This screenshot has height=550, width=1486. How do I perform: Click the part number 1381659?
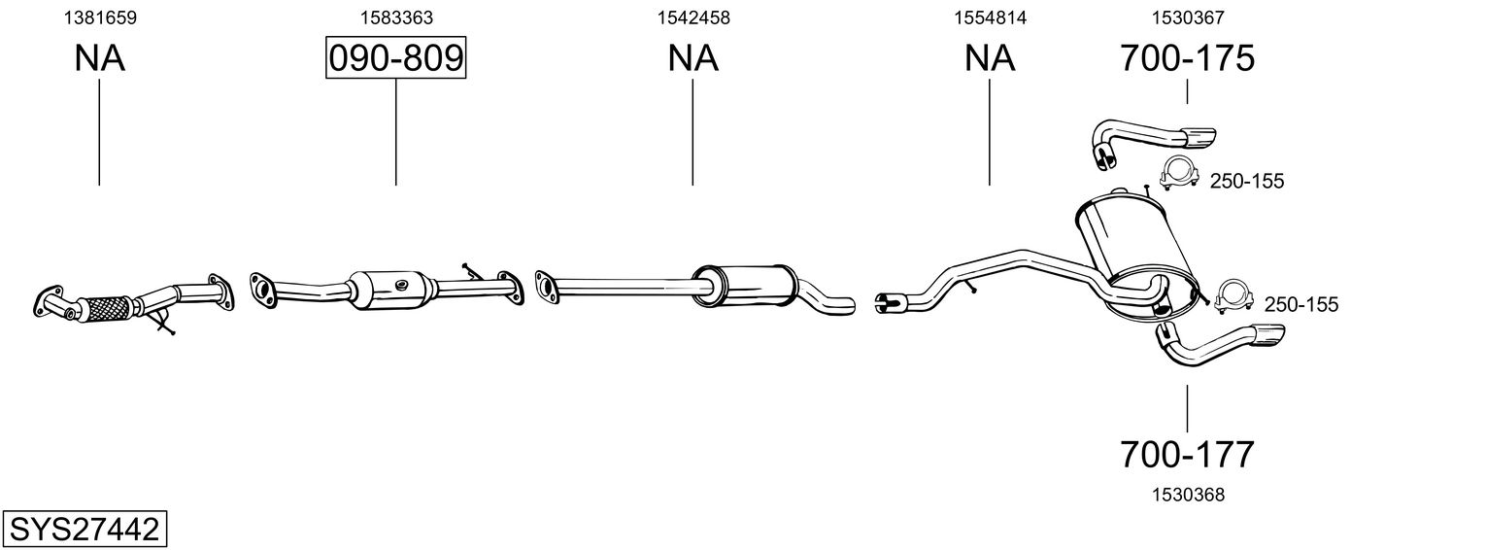99,17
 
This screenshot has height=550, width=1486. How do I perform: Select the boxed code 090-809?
395,58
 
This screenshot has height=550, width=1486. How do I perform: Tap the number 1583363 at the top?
395,17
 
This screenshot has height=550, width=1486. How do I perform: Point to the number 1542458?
692,17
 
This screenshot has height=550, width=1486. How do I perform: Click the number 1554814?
990,17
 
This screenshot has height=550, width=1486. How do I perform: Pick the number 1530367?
1187,17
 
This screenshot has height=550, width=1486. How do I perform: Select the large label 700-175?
1187,58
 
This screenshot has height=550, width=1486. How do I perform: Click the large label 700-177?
1187,454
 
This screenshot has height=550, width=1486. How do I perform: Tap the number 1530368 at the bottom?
1187,495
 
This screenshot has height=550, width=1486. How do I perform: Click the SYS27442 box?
84,530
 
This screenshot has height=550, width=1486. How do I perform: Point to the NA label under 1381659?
99,58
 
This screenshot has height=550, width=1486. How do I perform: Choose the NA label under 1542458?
692,58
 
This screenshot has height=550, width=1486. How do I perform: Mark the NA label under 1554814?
990,58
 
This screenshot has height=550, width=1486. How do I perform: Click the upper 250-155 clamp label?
1247,181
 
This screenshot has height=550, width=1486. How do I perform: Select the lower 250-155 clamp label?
1300,305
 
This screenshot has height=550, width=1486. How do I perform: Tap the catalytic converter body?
393,287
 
